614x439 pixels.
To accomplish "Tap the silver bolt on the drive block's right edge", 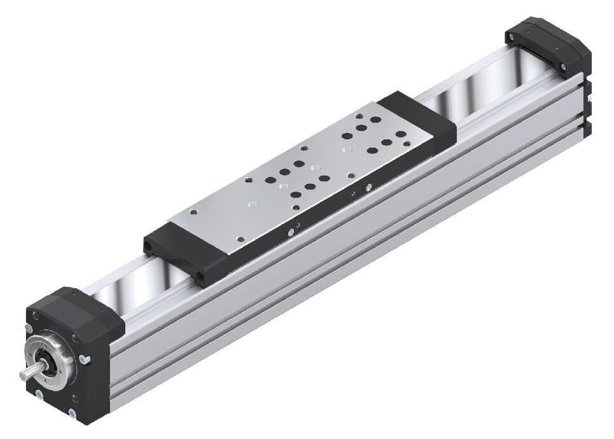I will (x=85, y=361).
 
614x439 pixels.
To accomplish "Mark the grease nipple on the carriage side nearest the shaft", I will (x=291, y=232).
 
